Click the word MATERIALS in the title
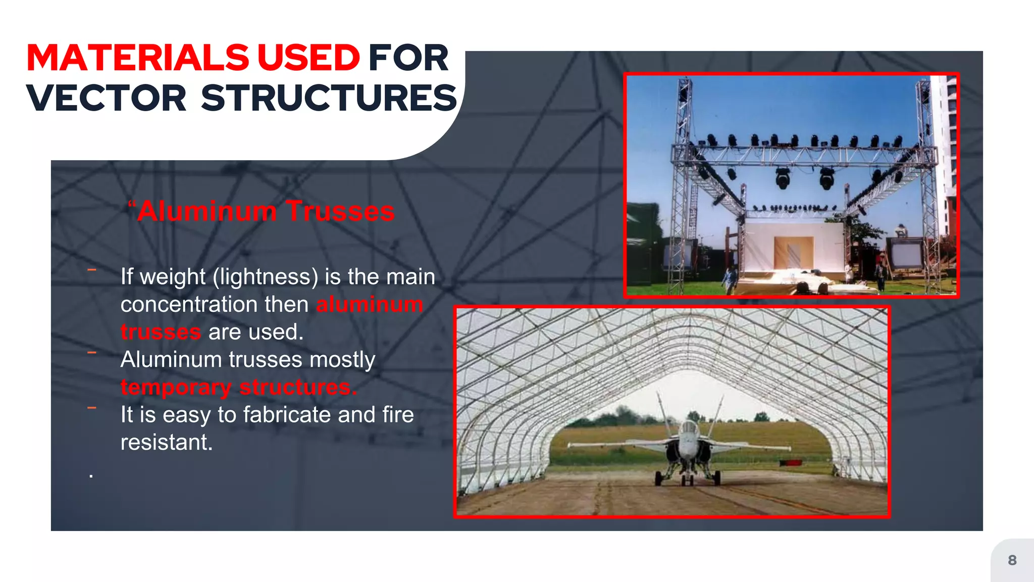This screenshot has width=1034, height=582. pyautogui.click(x=137, y=58)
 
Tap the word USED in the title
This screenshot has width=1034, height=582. pyautogui.click(x=308, y=58)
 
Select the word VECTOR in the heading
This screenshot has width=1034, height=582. pyautogui.click(x=107, y=98)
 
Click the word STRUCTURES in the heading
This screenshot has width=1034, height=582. pyautogui.click(x=329, y=98)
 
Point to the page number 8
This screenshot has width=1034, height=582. pyautogui.click(x=1012, y=560)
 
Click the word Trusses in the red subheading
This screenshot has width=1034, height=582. pyautogui.click(x=340, y=211)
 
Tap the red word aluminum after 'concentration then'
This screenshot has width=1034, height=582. pyautogui.click(x=370, y=304)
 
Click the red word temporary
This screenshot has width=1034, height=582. pyautogui.click(x=176, y=387)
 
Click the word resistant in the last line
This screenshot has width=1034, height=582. pyautogui.click(x=166, y=443)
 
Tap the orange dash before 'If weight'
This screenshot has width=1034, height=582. pyautogui.click(x=92, y=270)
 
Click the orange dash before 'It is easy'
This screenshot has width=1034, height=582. pyautogui.click(x=92, y=408)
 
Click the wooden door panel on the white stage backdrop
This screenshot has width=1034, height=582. pyautogui.click(x=794, y=253)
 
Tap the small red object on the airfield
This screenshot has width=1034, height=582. pyautogui.click(x=791, y=463)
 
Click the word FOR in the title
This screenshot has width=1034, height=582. pyautogui.click(x=408, y=58)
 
